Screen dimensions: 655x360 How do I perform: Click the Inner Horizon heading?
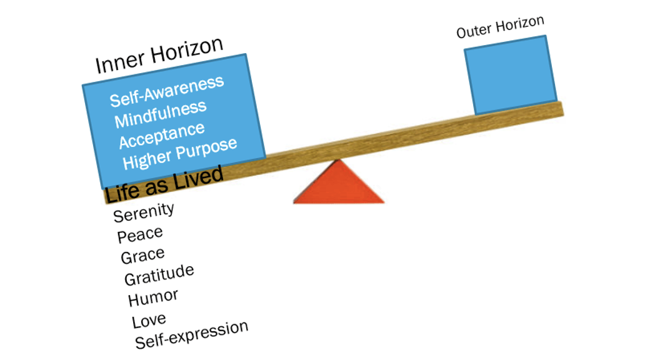coord(159,55)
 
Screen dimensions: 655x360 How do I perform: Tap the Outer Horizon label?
coord(500,27)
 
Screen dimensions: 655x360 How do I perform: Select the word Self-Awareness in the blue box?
coord(167,91)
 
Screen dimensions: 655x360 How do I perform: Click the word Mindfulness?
coord(161,114)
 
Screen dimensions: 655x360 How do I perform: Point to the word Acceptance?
coord(162,136)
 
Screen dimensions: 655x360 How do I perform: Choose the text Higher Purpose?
coord(179,153)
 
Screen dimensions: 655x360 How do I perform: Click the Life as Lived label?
coord(163,184)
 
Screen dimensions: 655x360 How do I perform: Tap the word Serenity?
coord(144,212)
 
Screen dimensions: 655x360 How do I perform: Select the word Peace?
coord(140,235)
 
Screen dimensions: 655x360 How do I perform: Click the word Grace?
coord(142,256)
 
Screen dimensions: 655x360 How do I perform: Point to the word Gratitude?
coord(159,275)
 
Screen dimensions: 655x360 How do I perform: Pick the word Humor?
coord(153,297)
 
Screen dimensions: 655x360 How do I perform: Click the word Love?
coord(149,321)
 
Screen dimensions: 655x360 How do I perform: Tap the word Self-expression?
coord(191,335)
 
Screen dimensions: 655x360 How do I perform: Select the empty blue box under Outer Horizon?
coord(511,75)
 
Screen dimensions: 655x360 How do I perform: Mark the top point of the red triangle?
coord(339,159)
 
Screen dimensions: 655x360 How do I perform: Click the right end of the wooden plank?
coord(562,109)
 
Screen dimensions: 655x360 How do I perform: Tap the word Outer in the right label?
coord(474,31)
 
